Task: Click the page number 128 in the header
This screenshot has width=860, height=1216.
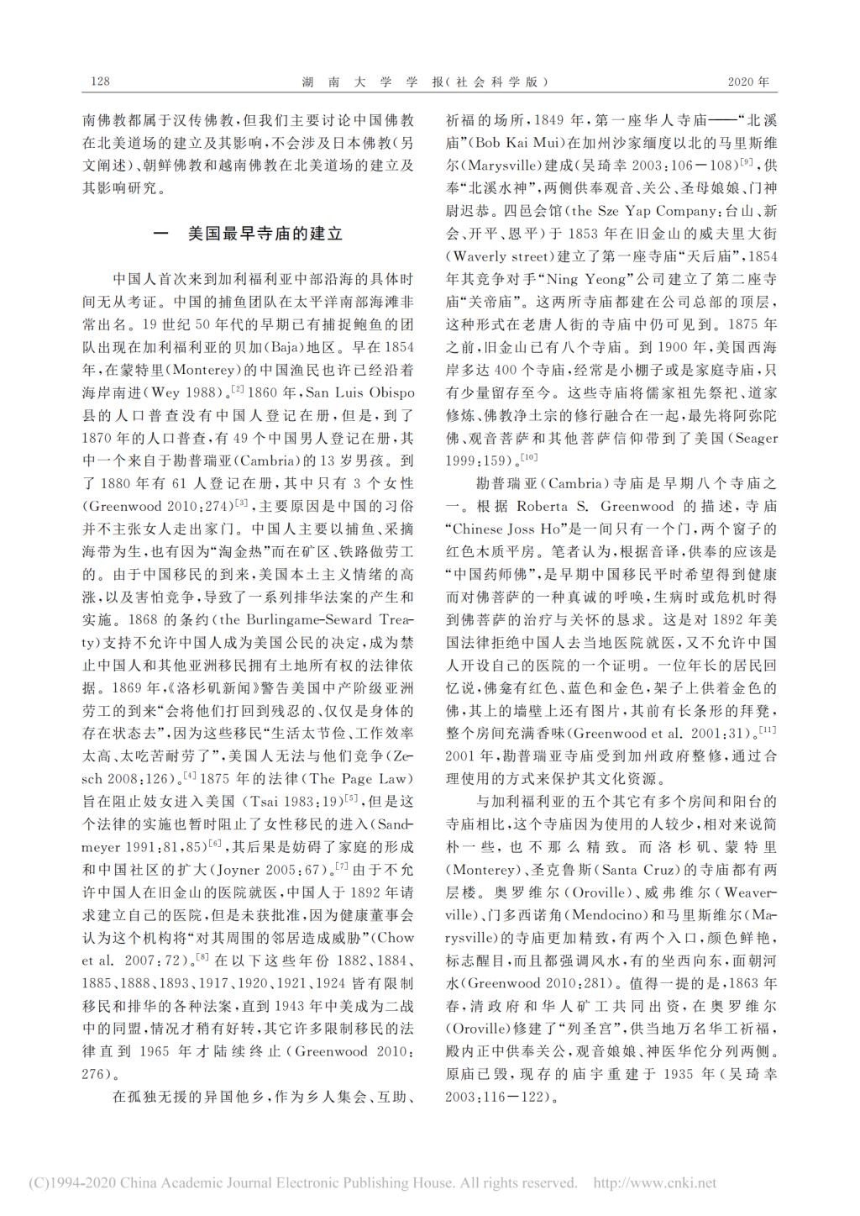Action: click(99, 82)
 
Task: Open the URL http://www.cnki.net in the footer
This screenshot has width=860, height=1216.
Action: click(654, 1183)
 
